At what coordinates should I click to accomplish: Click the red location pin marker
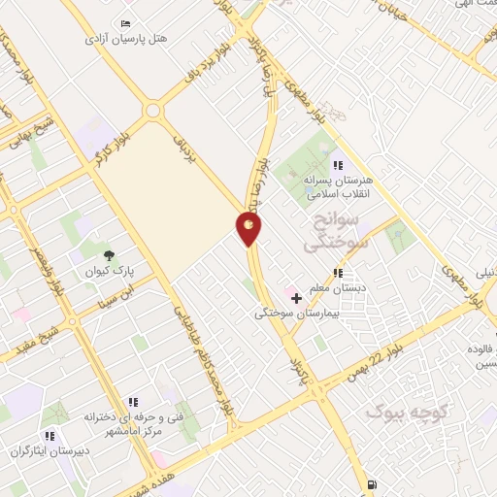pos(249,228)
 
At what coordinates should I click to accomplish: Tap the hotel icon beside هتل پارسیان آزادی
pos(127,23)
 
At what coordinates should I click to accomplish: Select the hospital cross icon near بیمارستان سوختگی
pos(296,296)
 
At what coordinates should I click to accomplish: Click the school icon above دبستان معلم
pos(338,274)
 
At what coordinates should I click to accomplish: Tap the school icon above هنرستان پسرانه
pos(337,165)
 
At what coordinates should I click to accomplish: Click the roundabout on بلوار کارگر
pos(152,110)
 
